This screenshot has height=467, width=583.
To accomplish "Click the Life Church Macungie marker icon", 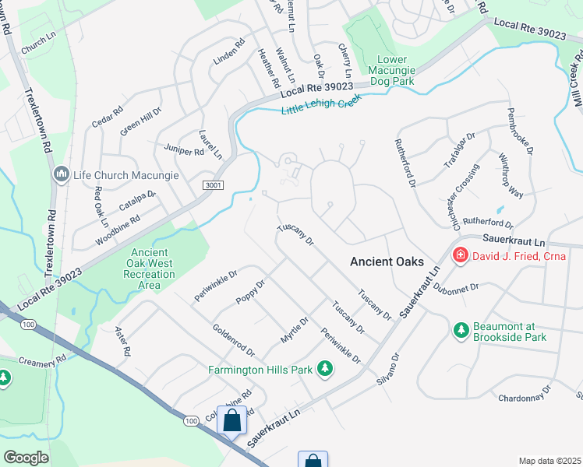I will (61, 175).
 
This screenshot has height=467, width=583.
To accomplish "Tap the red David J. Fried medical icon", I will (460, 255).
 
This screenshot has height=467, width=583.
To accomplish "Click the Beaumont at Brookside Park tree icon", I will (461, 330).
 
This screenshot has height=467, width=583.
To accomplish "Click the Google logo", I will (26, 458).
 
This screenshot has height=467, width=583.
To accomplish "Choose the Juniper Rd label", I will (184, 148).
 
